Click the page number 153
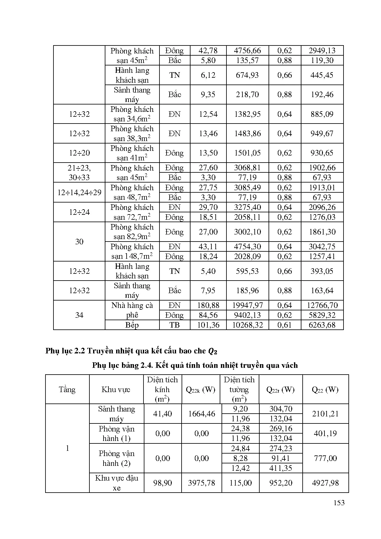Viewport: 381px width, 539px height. coord(339,503)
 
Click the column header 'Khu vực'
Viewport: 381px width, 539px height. coord(116,389)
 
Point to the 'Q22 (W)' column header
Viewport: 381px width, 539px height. coord(325,389)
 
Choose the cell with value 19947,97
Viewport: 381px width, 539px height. coord(247,305)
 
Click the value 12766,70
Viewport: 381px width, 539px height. coord(322,305)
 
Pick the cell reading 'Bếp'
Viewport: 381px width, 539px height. coord(132,325)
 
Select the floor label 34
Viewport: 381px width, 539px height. coord(79,315)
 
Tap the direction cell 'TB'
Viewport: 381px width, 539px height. coord(175,325)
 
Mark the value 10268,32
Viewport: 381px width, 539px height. coord(247,325)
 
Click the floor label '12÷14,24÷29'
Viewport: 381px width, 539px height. coord(79,192)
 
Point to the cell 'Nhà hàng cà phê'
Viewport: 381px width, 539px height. coord(132,310)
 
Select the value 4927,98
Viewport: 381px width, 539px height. coord(325,483)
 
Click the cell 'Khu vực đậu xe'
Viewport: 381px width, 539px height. coord(116,483)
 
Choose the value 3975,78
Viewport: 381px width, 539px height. coord(201,483)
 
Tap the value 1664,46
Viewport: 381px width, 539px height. coord(201,414)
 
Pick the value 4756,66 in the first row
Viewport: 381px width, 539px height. coord(247,50)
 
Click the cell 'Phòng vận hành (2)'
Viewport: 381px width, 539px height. coord(116,458)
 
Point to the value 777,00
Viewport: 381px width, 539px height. coord(325,458)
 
